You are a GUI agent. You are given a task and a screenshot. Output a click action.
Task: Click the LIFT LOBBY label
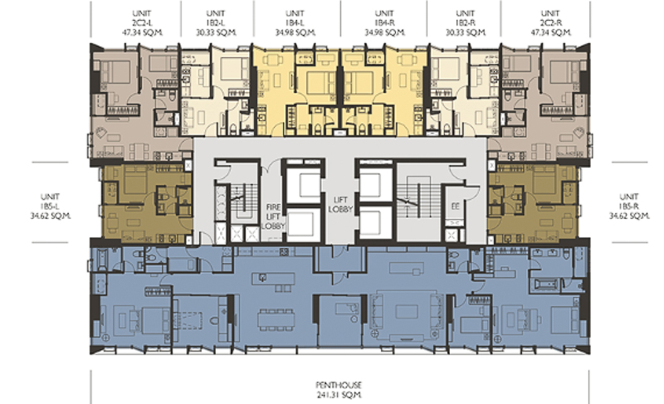point(340,204)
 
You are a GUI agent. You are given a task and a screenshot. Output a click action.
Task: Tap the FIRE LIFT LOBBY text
point(273,217)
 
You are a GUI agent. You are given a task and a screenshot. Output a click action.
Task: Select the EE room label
point(455,207)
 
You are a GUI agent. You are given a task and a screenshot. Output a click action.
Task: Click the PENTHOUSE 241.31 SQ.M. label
point(339,390)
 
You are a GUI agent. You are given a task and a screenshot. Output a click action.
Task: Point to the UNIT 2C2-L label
point(142,23)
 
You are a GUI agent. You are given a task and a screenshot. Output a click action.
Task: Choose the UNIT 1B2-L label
point(216,23)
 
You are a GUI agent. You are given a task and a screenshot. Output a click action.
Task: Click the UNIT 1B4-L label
point(295,23)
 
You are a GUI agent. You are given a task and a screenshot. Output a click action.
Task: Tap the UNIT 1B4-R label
point(384,23)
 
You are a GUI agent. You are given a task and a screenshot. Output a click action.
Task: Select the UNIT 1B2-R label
point(466,23)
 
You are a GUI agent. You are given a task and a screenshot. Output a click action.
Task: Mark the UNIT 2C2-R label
point(550,23)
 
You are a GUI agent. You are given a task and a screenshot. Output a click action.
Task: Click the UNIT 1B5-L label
point(51,206)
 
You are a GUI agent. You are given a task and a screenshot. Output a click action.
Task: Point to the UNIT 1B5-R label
point(629,206)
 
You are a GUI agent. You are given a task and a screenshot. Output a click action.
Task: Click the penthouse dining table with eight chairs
point(276,320)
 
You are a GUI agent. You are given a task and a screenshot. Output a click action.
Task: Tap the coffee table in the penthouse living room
point(407,312)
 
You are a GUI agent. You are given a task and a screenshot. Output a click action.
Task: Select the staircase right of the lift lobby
point(408,198)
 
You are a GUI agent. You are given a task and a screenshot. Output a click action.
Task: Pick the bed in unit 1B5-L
point(134,181)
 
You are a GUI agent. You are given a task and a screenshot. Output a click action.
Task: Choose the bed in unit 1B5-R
point(544,181)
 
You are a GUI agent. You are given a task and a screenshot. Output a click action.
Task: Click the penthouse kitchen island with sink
point(273,279)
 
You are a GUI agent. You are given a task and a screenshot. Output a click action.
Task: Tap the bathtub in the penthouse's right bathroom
point(547,284)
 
